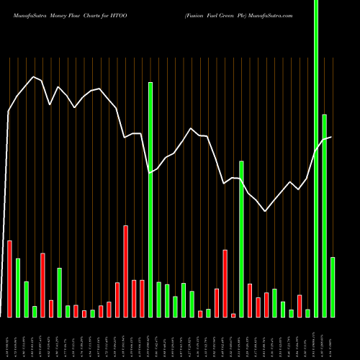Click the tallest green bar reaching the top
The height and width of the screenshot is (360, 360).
coord(316,158)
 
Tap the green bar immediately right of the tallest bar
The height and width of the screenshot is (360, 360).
coord(325,215)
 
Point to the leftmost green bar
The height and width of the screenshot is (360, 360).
coord(18,287)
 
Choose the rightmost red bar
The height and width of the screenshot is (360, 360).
coord(300,306)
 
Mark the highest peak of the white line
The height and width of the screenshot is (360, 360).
coord(32,76)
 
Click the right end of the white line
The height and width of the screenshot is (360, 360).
coord(331,137)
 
